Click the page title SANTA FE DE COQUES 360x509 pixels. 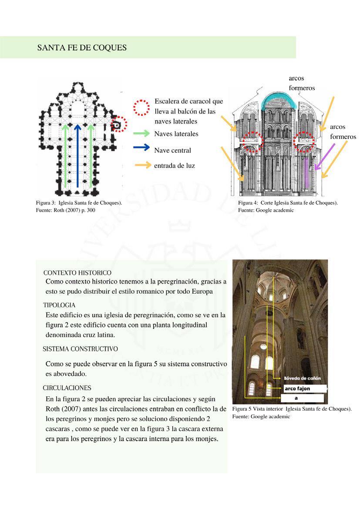pos(82,48)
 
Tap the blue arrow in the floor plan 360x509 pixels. pos(77,157)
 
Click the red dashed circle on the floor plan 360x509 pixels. pos(118,125)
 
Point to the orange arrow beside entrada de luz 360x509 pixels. pos(143,165)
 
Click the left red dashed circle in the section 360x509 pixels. pos(253,140)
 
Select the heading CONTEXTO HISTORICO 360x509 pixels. pos(77,273)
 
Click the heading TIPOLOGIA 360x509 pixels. pos(59,305)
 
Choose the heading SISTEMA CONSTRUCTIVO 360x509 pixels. pos(81,349)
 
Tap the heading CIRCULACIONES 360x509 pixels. pos(67,388)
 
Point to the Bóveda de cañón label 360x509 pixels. pos(302,378)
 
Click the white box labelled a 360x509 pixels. pos(302,398)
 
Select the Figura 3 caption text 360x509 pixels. pos(79,206)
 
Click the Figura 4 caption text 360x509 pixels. pos(288,206)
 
